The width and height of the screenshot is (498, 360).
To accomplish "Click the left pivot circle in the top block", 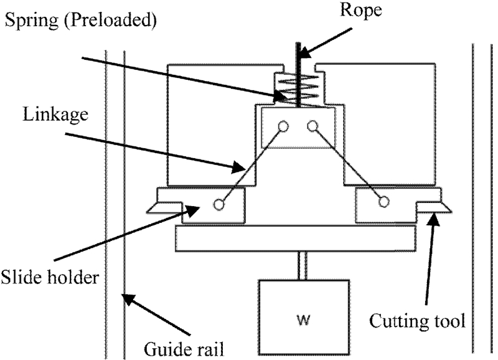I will click(284, 126).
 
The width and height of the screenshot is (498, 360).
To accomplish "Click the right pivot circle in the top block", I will click(312, 126).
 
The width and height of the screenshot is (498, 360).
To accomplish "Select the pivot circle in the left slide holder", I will click(218, 204).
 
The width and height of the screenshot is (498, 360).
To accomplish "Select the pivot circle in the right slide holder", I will click(384, 201).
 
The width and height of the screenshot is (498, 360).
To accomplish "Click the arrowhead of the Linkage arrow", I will click(243, 168).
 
